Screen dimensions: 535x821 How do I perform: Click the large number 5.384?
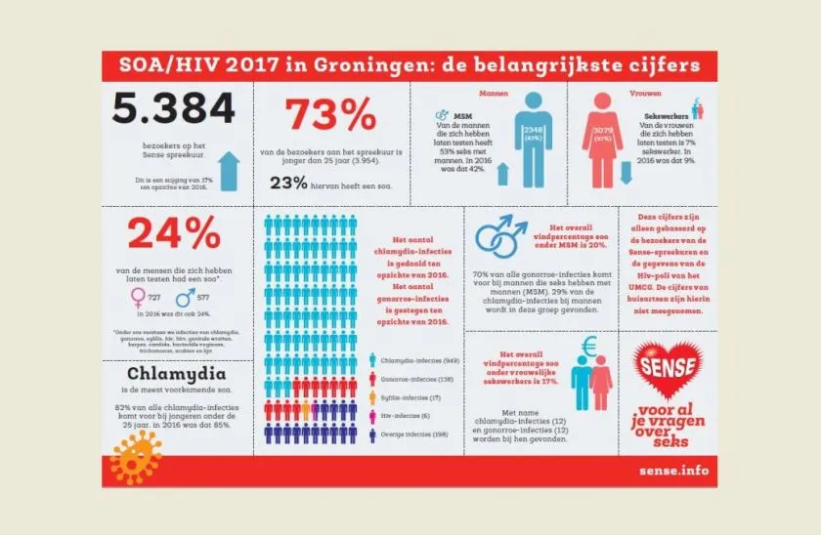tap(173, 109)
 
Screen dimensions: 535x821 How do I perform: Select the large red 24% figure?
tap(175, 234)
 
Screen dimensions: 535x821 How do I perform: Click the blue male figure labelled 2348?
tap(533, 138)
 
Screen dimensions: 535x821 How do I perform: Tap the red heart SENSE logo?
tap(670, 364)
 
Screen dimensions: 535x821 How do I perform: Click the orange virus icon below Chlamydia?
tap(136, 451)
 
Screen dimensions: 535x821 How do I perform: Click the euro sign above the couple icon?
tap(588, 346)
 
